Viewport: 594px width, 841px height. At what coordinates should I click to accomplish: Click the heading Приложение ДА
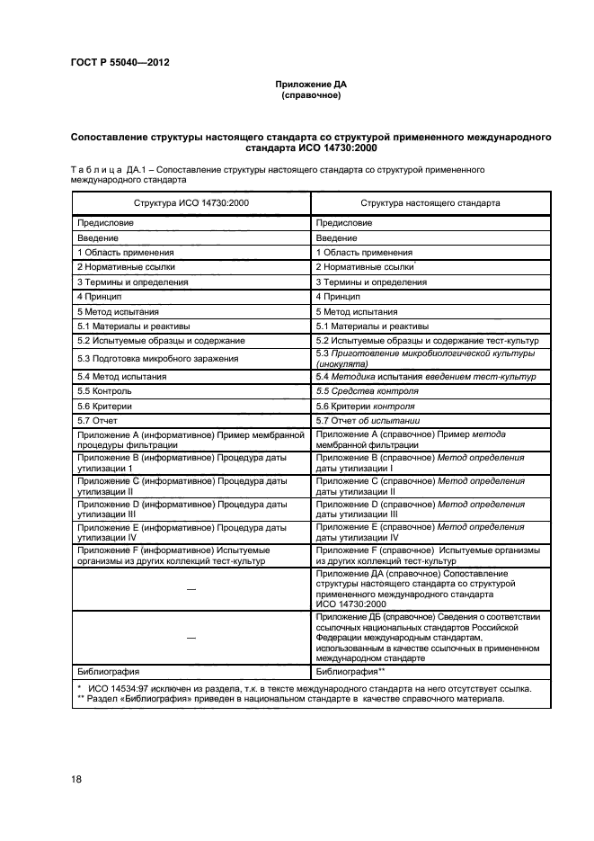coord(310,84)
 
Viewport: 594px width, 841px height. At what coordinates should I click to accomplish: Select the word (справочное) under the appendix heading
coord(310,94)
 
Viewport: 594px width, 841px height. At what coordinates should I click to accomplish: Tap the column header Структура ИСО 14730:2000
coord(191,203)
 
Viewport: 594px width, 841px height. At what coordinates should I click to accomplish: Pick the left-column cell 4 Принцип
coord(99,296)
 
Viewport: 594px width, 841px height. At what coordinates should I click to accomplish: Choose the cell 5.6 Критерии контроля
coord(369,406)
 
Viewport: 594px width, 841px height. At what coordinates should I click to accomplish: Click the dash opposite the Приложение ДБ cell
coord(191,636)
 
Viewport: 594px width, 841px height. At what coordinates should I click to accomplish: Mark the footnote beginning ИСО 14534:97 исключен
coord(306,688)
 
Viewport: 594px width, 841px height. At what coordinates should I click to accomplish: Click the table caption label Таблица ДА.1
coord(107,168)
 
